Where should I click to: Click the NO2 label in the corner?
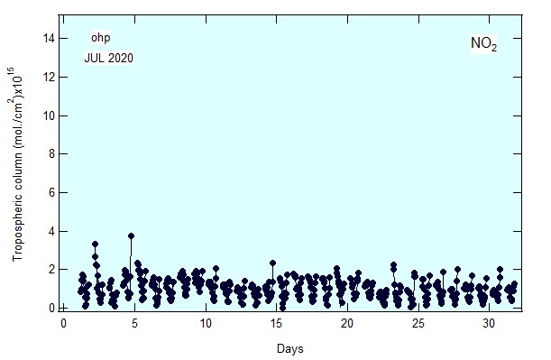[483, 43]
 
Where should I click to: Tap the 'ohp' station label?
[100, 38]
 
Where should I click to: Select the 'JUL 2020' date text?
[108, 58]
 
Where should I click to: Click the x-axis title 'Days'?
[289, 349]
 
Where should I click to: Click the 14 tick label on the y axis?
[49, 38]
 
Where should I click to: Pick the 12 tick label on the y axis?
[49, 77]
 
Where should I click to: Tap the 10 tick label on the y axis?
[49, 115]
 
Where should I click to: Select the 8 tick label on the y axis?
[51, 154]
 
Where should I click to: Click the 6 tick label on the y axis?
[51, 193]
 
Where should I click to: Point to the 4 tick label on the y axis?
[51, 231]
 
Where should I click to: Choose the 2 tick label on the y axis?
[51, 270]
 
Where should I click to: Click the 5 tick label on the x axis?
[134, 323]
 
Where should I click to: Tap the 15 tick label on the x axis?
[276, 323]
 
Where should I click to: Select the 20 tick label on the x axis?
[347, 323]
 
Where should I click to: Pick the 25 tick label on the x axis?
[418, 323]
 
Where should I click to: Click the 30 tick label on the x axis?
[489, 323]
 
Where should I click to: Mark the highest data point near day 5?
[131, 235]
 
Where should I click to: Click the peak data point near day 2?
[95, 244]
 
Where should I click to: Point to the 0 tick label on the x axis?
[63, 323]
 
